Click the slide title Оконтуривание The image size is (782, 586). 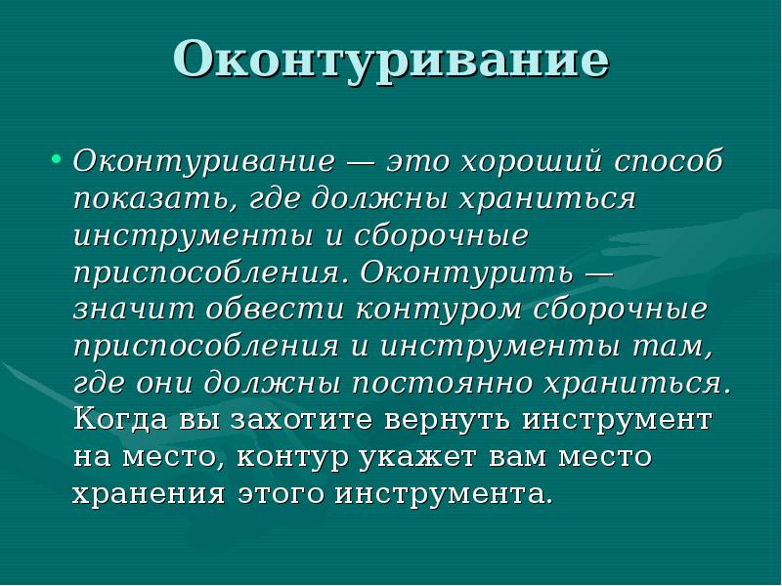click(391, 61)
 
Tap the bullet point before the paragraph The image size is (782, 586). click(56, 159)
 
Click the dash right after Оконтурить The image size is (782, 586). click(598, 272)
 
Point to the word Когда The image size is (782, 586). click(119, 420)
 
